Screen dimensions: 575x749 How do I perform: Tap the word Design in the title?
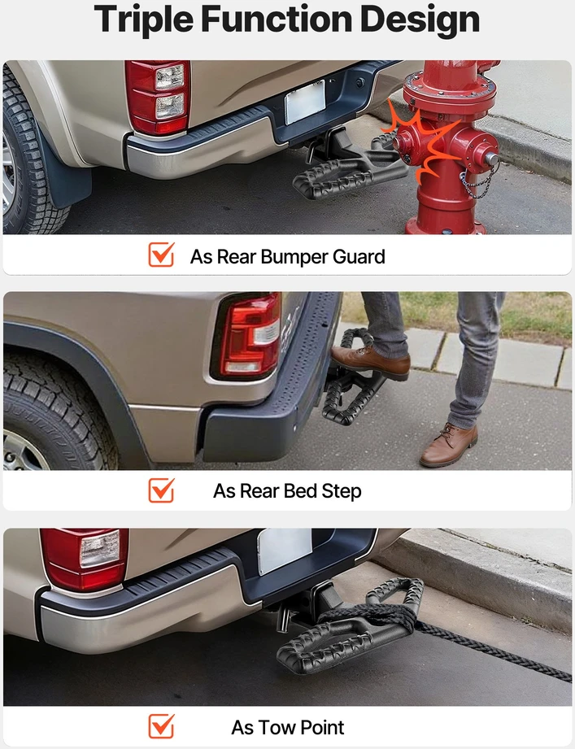(420, 18)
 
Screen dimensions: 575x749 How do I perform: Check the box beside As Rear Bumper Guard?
(161, 254)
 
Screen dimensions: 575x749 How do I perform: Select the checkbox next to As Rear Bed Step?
(161, 490)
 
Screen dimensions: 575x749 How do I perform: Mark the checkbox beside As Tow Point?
(161, 726)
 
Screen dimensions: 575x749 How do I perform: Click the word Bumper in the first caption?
(294, 257)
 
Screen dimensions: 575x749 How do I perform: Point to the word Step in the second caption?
(341, 491)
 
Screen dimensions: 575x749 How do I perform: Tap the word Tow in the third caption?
(274, 728)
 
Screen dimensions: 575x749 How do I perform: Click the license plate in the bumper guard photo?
(305, 102)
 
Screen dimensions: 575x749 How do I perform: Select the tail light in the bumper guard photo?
(158, 97)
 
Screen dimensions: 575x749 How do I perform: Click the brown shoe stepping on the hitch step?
(371, 362)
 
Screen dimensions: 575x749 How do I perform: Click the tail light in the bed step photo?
(247, 335)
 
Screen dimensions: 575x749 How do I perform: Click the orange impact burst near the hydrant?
(420, 142)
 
